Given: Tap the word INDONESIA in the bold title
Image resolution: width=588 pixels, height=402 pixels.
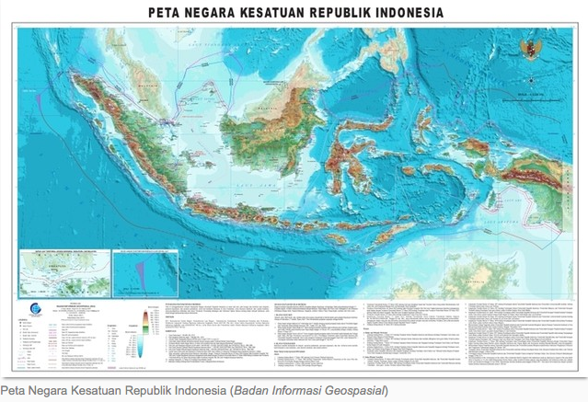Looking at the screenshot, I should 397,13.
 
